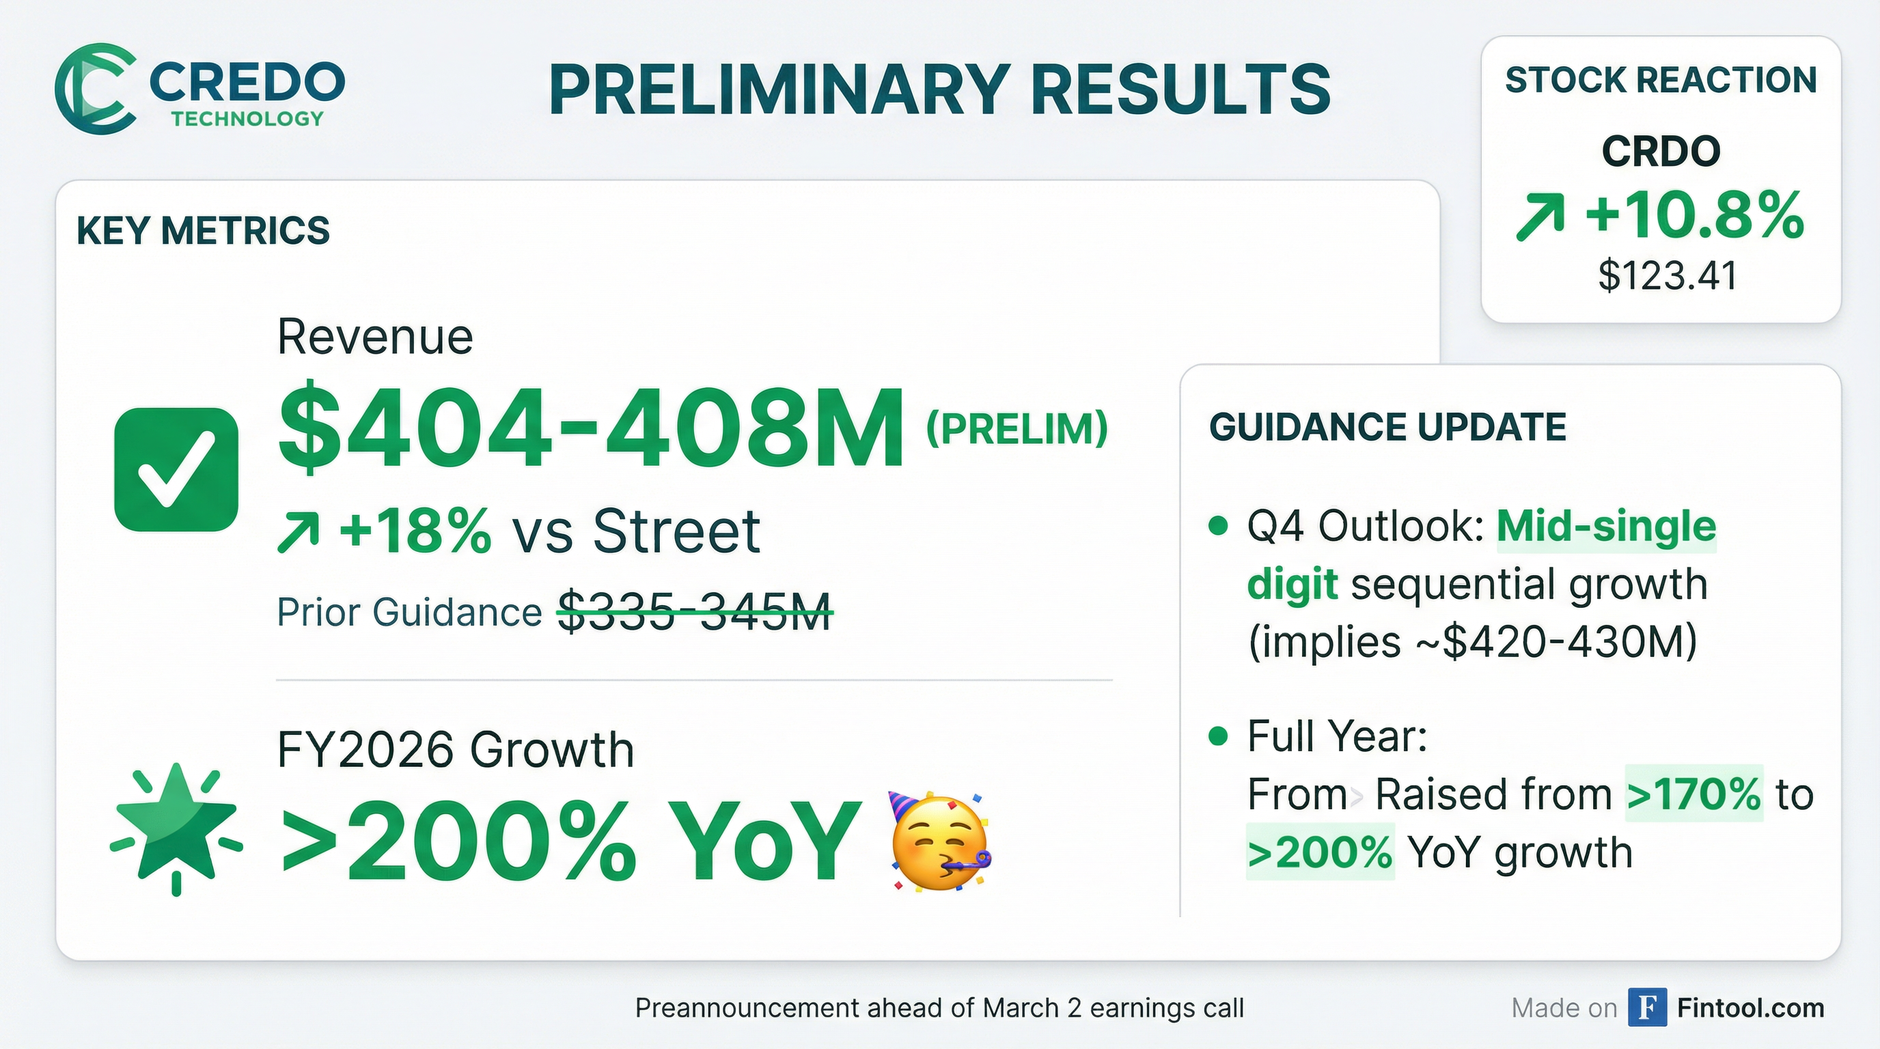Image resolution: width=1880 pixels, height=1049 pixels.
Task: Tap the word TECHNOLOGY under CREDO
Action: tap(247, 119)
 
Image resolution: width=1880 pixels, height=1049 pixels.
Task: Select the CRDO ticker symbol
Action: tap(1661, 152)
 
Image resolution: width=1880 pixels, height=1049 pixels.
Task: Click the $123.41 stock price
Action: tap(1668, 276)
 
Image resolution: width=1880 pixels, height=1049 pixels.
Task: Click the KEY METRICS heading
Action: tap(203, 231)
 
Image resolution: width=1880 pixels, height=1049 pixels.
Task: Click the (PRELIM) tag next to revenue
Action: tap(1017, 429)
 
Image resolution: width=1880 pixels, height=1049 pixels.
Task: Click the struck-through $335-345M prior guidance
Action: tap(694, 611)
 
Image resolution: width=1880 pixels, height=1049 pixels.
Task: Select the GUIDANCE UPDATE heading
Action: tap(1387, 427)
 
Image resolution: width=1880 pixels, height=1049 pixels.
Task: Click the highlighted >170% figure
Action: tap(1694, 794)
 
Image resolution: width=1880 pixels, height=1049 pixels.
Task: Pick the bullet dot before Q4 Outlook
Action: tap(1218, 526)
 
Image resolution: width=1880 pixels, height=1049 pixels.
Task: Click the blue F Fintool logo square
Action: tap(1647, 1007)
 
